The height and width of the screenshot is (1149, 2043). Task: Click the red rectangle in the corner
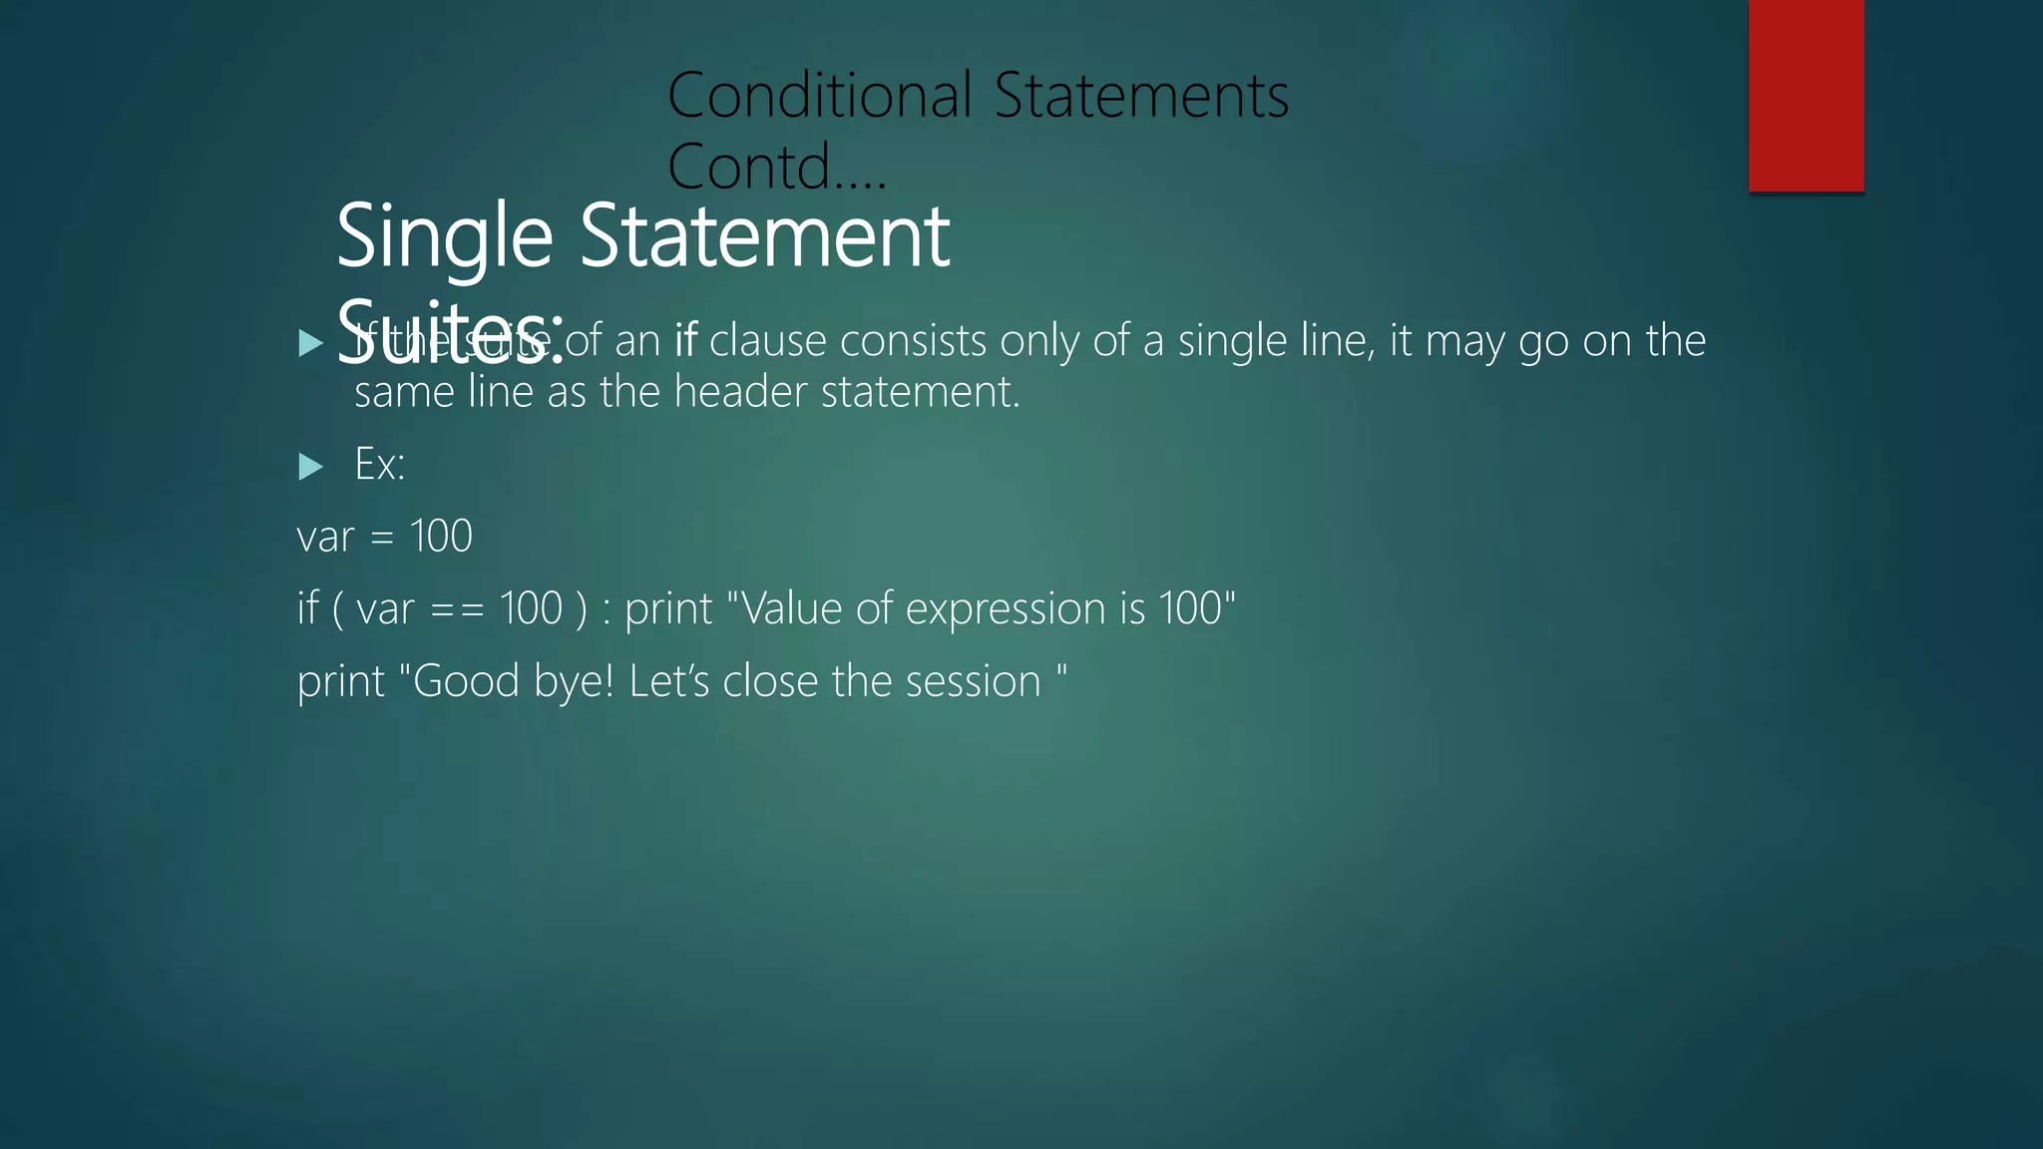coord(1806,95)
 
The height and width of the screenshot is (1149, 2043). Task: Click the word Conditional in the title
coord(819,97)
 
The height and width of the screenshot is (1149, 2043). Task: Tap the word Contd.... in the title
coord(776,167)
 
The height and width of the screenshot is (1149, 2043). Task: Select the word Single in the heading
coord(444,237)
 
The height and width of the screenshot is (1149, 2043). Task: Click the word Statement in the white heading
coord(764,237)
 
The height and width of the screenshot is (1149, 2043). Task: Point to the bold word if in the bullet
coord(685,341)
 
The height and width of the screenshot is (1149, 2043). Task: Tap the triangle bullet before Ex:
coord(310,466)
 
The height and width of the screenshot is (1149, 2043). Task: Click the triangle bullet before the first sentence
coord(310,344)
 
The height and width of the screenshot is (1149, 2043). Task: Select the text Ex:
coord(380,465)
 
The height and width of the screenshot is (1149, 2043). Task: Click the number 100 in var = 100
coord(441,537)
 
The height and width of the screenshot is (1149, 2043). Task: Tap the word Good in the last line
coord(466,682)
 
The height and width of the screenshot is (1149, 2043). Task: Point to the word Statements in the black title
coord(1141,97)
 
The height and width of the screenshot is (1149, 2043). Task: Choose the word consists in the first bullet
coord(922,341)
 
